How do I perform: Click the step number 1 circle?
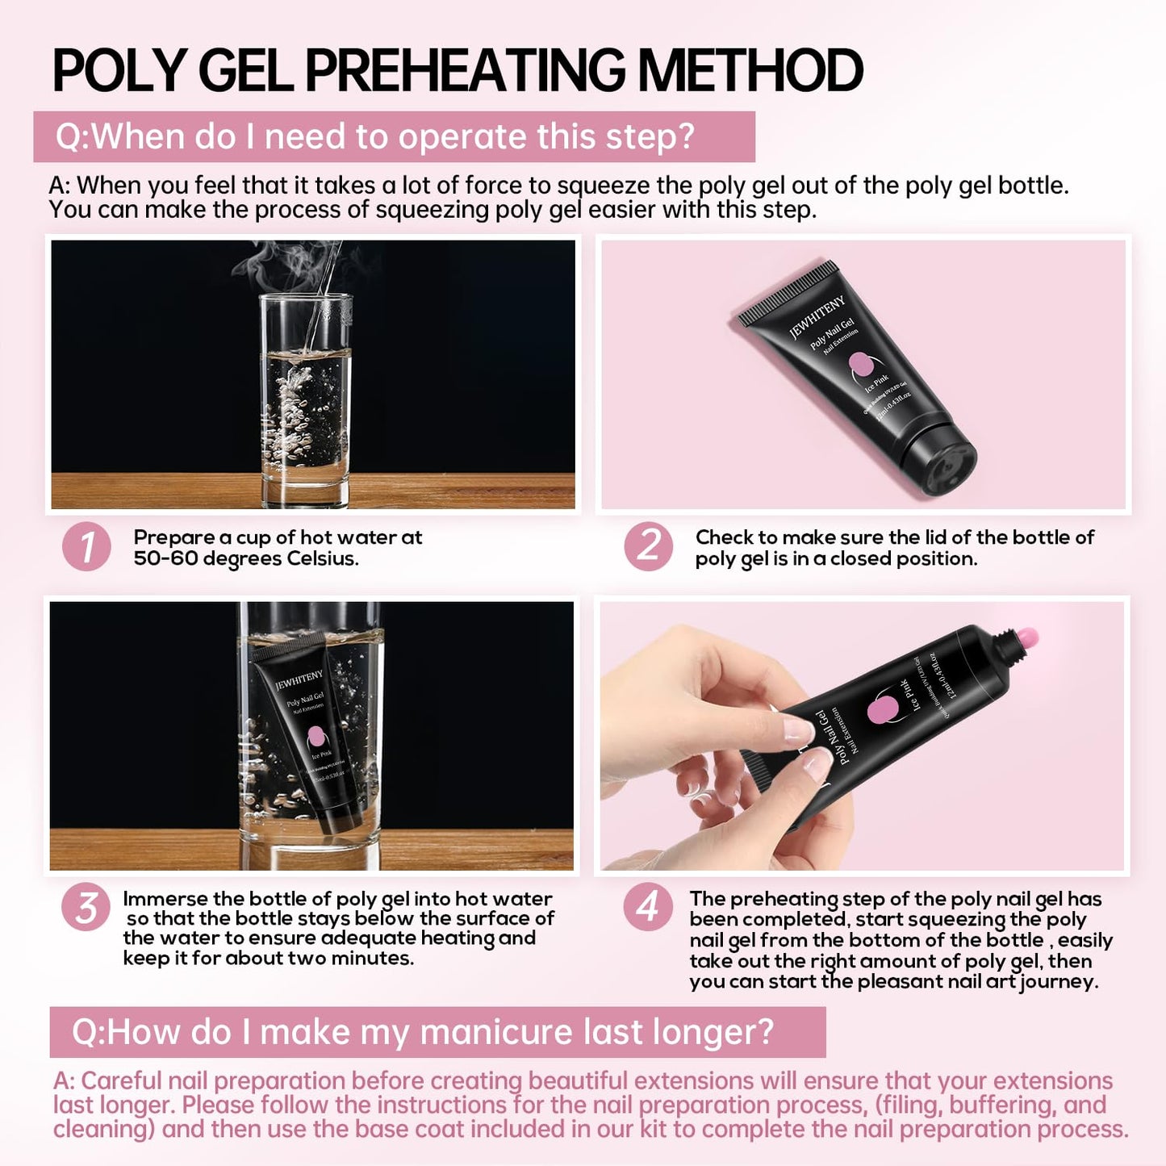(86, 546)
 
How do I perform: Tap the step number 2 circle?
(648, 546)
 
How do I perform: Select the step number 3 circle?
(86, 907)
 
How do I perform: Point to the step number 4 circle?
(647, 907)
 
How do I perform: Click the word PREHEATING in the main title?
(465, 71)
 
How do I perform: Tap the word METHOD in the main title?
(750, 71)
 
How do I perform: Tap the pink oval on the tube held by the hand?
(883, 710)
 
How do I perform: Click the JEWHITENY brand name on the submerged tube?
(299, 679)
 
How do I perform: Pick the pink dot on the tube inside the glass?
(316, 737)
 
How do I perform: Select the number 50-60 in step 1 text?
(165, 558)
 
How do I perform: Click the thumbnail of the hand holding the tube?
(862, 736)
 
